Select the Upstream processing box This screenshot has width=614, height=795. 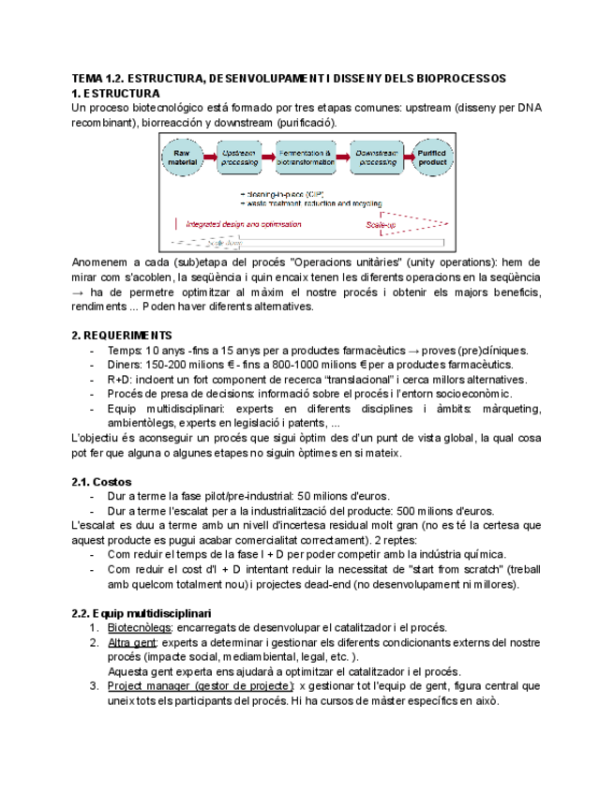pyautogui.click(x=240, y=157)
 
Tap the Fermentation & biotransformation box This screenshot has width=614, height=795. pyautogui.click(x=308, y=157)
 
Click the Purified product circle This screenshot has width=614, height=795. pyautogui.click(x=432, y=157)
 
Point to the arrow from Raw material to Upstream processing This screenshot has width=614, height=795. pyautogui.click(x=212, y=157)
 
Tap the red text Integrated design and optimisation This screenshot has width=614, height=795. pyautogui.click(x=243, y=224)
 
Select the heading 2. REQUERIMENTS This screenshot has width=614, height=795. pyautogui.click(x=122, y=335)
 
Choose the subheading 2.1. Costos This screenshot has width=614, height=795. pyautogui.click(x=106, y=482)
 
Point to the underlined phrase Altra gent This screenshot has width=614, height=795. pyautogui.click(x=132, y=643)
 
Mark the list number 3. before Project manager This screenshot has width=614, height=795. pyautogui.click(x=95, y=686)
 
